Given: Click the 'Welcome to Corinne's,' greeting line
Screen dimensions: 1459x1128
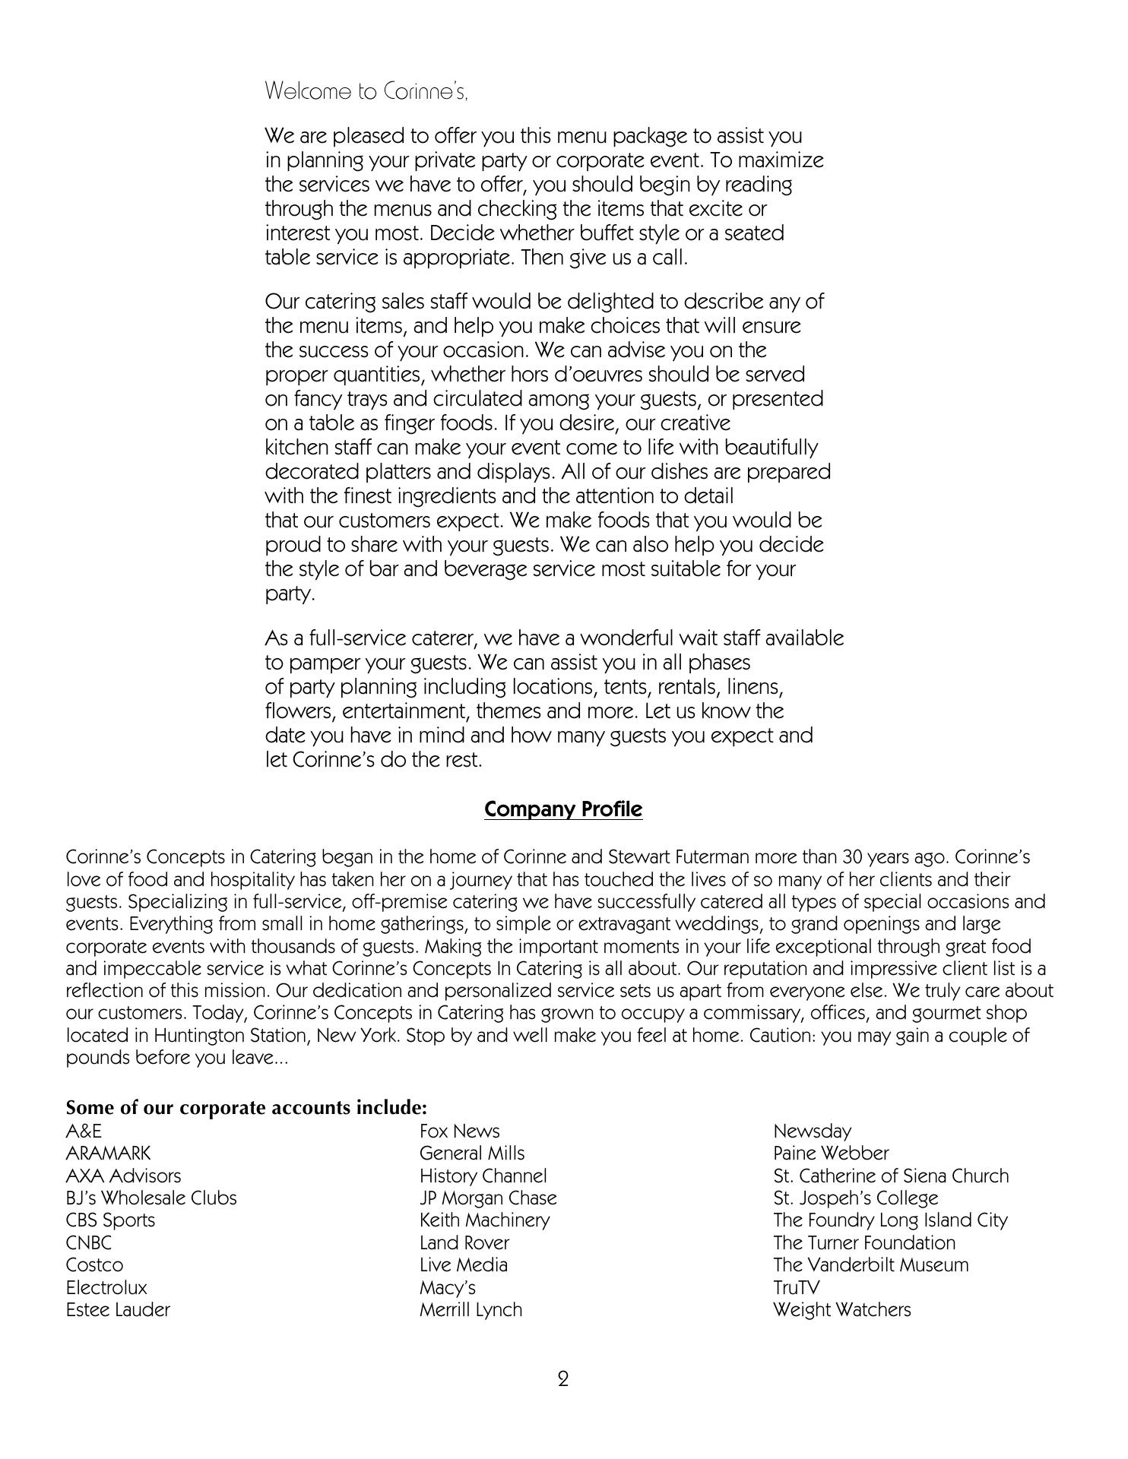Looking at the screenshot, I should (x=366, y=92).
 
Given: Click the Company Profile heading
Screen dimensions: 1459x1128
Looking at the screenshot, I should (x=562, y=809).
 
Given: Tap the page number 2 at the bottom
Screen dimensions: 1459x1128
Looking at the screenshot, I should (x=562, y=1378).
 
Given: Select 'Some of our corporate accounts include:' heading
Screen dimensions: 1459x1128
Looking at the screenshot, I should (x=246, y=1107).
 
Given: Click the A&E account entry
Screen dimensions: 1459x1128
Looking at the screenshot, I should (x=84, y=1131).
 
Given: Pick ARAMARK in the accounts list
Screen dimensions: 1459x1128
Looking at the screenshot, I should (x=108, y=1153).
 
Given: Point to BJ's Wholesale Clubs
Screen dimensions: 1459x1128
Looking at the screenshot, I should (x=151, y=1198).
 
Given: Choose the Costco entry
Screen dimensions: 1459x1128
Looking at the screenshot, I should (x=94, y=1264).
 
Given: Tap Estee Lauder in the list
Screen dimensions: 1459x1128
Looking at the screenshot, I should (x=118, y=1309).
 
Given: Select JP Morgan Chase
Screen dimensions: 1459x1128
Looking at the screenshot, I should (x=487, y=1198).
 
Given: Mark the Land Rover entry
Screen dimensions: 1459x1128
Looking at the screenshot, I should (x=464, y=1242).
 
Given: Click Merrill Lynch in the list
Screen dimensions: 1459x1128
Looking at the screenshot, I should (x=471, y=1309).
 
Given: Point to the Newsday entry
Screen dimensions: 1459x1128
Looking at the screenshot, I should (x=812, y=1131).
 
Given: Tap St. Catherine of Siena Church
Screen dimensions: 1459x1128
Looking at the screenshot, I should (x=891, y=1176).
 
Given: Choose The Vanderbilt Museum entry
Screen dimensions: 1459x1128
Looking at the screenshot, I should (x=870, y=1264).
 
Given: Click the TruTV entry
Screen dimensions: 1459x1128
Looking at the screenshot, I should (x=796, y=1287).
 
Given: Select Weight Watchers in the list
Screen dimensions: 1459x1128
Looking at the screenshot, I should (x=841, y=1309).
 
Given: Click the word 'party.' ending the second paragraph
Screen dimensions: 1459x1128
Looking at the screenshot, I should (x=290, y=594).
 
